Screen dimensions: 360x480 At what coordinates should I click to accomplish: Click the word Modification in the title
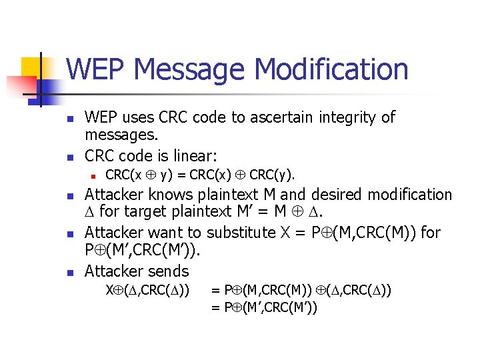pyautogui.click(x=332, y=70)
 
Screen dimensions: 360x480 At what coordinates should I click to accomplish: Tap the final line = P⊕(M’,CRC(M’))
pyautogui.click(x=264, y=307)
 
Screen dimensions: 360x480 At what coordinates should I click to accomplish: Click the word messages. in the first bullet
pyautogui.click(x=121, y=136)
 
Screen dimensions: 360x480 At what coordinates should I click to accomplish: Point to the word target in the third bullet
pyautogui.click(x=137, y=214)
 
